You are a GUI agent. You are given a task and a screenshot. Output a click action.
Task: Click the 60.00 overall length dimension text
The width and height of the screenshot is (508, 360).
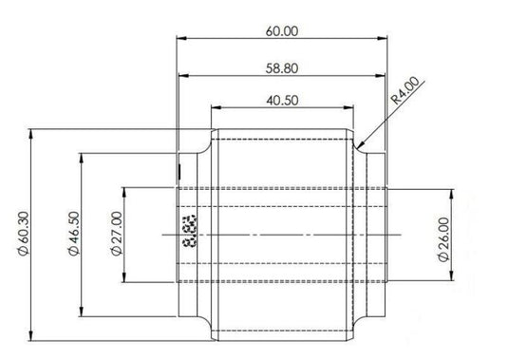[x=282, y=30]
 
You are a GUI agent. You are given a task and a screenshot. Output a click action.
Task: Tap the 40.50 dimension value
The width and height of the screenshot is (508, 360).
[x=282, y=100]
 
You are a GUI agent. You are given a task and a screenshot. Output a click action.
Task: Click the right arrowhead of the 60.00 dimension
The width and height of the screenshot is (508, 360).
[x=385, y=40]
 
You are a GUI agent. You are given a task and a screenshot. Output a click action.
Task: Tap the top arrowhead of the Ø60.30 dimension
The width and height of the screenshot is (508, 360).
[x=34, y=132]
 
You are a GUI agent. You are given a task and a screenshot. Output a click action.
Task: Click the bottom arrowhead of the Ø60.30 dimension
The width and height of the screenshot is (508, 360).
[x=34, y=338]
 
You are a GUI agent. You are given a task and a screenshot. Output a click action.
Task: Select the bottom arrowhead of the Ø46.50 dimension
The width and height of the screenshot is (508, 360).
[x=85, y=315]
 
